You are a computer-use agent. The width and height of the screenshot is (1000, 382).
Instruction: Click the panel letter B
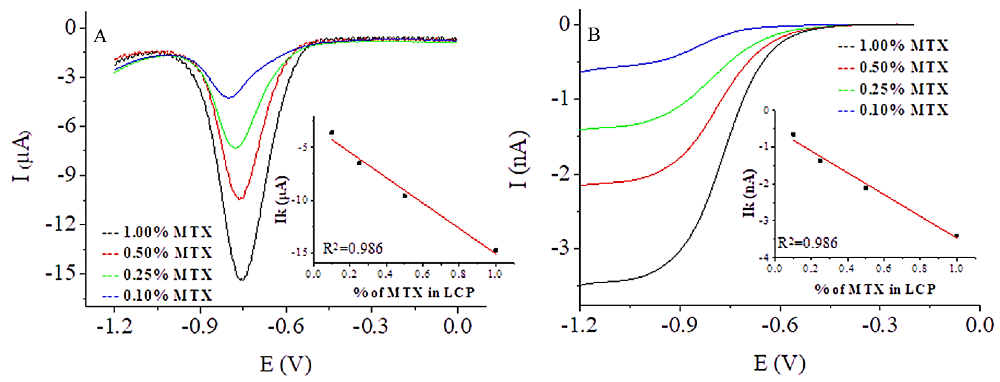point(593,35)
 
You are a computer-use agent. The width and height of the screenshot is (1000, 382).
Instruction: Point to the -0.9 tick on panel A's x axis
point(200,326)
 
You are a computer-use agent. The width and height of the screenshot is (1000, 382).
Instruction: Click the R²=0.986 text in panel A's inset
point(352,248)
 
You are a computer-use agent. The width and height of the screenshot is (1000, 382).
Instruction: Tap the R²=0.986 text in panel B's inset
point(808,243)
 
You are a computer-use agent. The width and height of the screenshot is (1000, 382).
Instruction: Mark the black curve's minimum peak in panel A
point(242,279)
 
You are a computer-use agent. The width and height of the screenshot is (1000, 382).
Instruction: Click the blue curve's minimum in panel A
point(229,98)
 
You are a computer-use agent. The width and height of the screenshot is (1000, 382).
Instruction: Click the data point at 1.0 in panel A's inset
point(495,250)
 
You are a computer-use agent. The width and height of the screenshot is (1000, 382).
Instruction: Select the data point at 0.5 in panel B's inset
point(866,188)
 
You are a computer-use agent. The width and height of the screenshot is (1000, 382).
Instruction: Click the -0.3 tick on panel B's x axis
point(880,325)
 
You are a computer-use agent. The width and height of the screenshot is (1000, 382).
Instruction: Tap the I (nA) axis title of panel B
point(519,159)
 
